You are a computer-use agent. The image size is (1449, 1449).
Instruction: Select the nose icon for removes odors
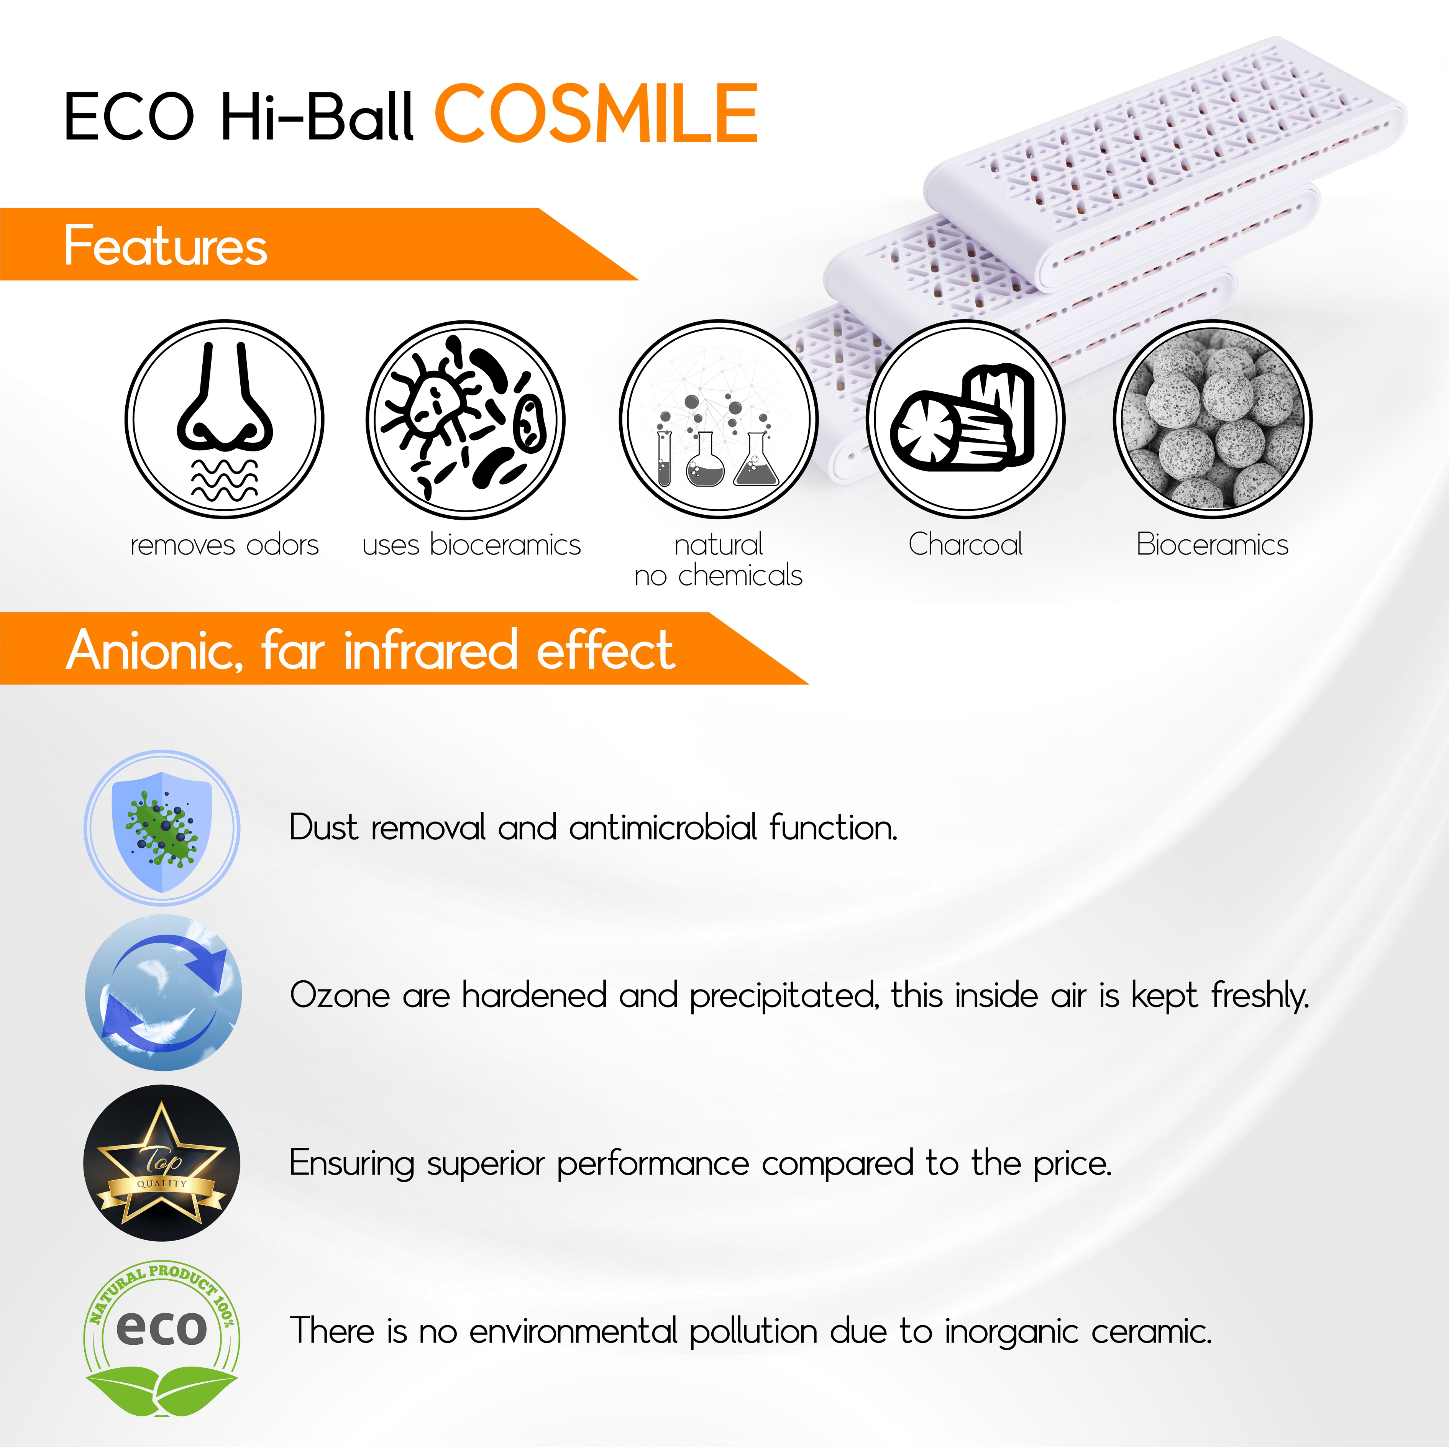tap(224, 419)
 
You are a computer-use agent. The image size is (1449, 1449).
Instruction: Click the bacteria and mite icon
tap(466, 419)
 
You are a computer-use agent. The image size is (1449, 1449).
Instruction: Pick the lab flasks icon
tap(719, 419)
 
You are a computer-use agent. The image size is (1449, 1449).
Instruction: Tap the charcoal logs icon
tap(965, 419)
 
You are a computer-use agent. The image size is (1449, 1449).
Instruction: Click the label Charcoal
tap(965, 545)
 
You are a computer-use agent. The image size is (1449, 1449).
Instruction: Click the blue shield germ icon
tap(162, 828)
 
